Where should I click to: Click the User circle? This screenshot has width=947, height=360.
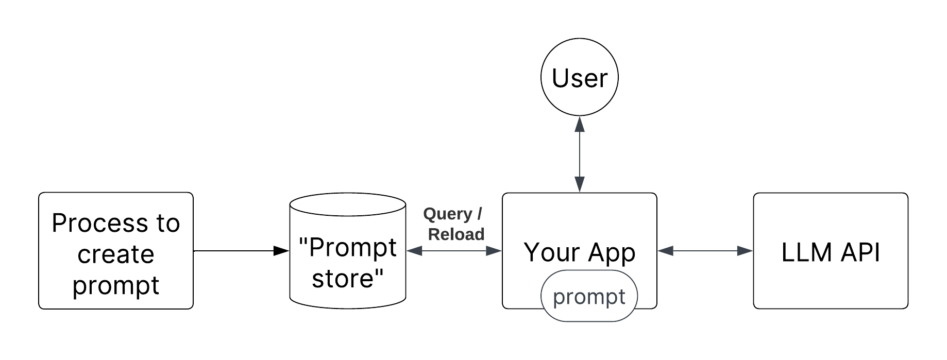(580, 78)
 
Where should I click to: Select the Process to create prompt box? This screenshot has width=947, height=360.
(116, 251)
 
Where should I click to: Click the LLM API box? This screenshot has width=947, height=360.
(831, 251)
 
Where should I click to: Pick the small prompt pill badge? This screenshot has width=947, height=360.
(589, 297)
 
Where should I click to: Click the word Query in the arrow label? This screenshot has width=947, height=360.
(447, 214)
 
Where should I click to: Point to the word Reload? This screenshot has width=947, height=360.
(456, 235)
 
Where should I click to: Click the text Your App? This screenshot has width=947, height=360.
(580, 252)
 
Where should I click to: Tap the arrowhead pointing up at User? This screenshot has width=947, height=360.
(580, 124)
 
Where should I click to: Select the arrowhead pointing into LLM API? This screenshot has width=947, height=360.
(746, 251)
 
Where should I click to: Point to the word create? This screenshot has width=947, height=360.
(116, 254)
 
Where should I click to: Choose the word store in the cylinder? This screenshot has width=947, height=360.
(348, 279)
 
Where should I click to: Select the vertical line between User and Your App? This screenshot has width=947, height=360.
(580, 155)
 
